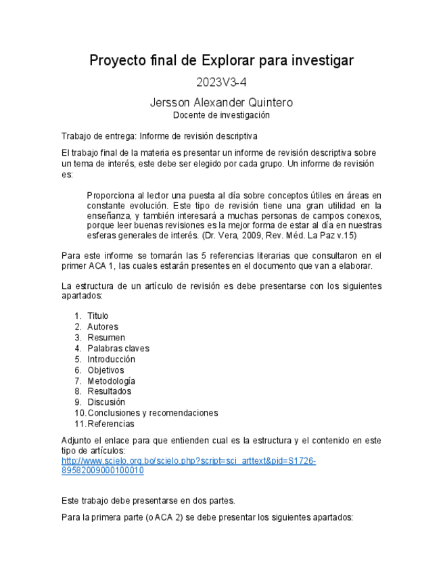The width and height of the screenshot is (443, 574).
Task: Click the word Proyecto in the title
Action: tap(118, 61)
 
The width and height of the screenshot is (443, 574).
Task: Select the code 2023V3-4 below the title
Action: tap(221, 84)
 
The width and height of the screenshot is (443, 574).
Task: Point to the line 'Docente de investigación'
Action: tap(221, 115)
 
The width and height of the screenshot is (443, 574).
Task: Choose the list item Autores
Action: tap(102, 327)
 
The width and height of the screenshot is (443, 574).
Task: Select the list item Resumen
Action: tap(106, 338)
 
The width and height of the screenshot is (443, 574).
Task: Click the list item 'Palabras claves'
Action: tap(118, 349)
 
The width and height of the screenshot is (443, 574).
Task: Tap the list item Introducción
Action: tap(111, 359)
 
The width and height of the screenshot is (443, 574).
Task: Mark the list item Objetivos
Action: tap(106, 370)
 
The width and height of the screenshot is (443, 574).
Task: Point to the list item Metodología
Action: tap(111, 381)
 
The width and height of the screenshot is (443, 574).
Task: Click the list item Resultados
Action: tap(109, 391)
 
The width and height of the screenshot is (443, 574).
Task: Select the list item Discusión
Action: tap(106, 402)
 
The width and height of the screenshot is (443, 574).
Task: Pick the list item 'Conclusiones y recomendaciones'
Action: tap(152, 413)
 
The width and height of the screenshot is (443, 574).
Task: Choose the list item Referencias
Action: tap(110, 424)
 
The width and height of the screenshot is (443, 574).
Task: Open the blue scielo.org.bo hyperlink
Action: tap(188, 461)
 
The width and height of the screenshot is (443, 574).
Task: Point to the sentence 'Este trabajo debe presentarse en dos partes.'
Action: tap(147, 501)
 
